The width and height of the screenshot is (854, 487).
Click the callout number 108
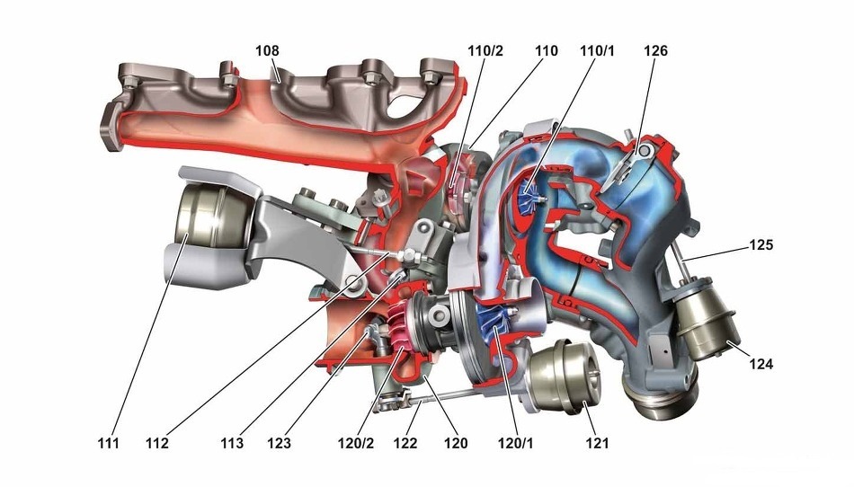267,50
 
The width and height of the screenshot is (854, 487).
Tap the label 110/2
485,50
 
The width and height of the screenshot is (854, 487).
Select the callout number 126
655,50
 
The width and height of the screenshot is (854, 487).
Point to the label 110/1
597,50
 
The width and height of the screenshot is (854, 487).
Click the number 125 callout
761,245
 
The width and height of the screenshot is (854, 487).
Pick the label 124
761,364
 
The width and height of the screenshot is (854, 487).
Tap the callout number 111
108,444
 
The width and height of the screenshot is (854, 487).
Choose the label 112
156,444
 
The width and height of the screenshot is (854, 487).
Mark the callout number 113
232,444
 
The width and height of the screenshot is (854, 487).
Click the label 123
279,444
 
